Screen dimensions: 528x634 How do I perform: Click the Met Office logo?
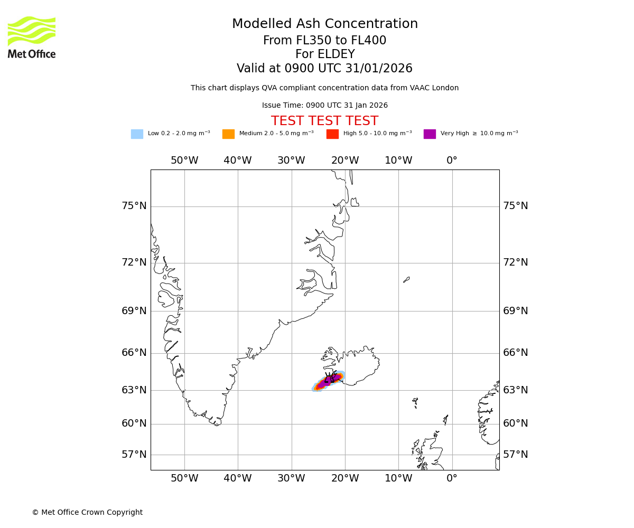click(x=32, y=37)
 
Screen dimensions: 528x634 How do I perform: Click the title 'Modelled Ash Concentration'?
click(x=325, y=24)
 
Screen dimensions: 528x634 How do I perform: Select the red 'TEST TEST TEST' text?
click(x=324, y=121)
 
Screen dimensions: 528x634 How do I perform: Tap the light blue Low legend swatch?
click(x=137, y=134)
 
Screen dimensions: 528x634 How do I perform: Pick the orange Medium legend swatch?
click(x=228, y=134)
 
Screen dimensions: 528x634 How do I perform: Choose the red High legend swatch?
click(x=332, y=134)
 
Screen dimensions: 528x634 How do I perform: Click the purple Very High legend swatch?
click(x=430, y=134)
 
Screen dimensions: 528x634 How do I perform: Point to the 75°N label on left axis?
click(x=134, y=206)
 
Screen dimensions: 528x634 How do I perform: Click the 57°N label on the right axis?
click(x=515, y=455)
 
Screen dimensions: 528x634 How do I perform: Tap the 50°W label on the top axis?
click(x=184, y=161)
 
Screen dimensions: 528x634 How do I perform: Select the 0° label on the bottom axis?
click(x=452, y=478)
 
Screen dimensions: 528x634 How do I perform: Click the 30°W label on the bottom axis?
click(x=291, y=478)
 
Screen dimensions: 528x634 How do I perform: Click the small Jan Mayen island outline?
click(x=406, y=279)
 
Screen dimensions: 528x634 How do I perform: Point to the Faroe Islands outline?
click(x=415, y=402)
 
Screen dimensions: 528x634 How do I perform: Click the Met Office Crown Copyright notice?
click(x=87, y=513)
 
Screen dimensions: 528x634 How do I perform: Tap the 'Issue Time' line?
click(x=324, y=106)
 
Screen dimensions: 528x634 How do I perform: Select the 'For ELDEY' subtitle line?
click(x=324, y=54)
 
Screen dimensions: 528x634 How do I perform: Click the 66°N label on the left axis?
click(x=134, y=353)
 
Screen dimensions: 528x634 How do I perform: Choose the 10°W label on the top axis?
click(x=398, y=161)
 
